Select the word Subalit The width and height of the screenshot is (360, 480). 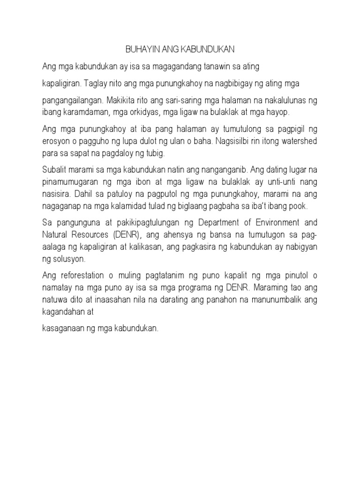[x=55, y=169]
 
